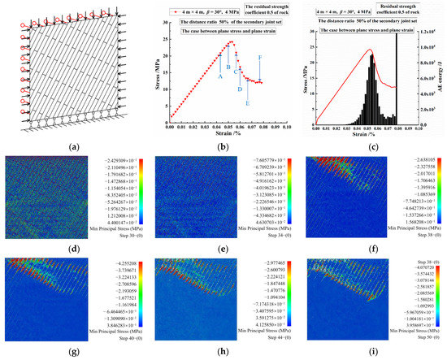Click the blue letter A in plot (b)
(x=219, y=76)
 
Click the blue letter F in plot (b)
(x=259, y=58)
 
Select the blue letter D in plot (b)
(x=240, y=89)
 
